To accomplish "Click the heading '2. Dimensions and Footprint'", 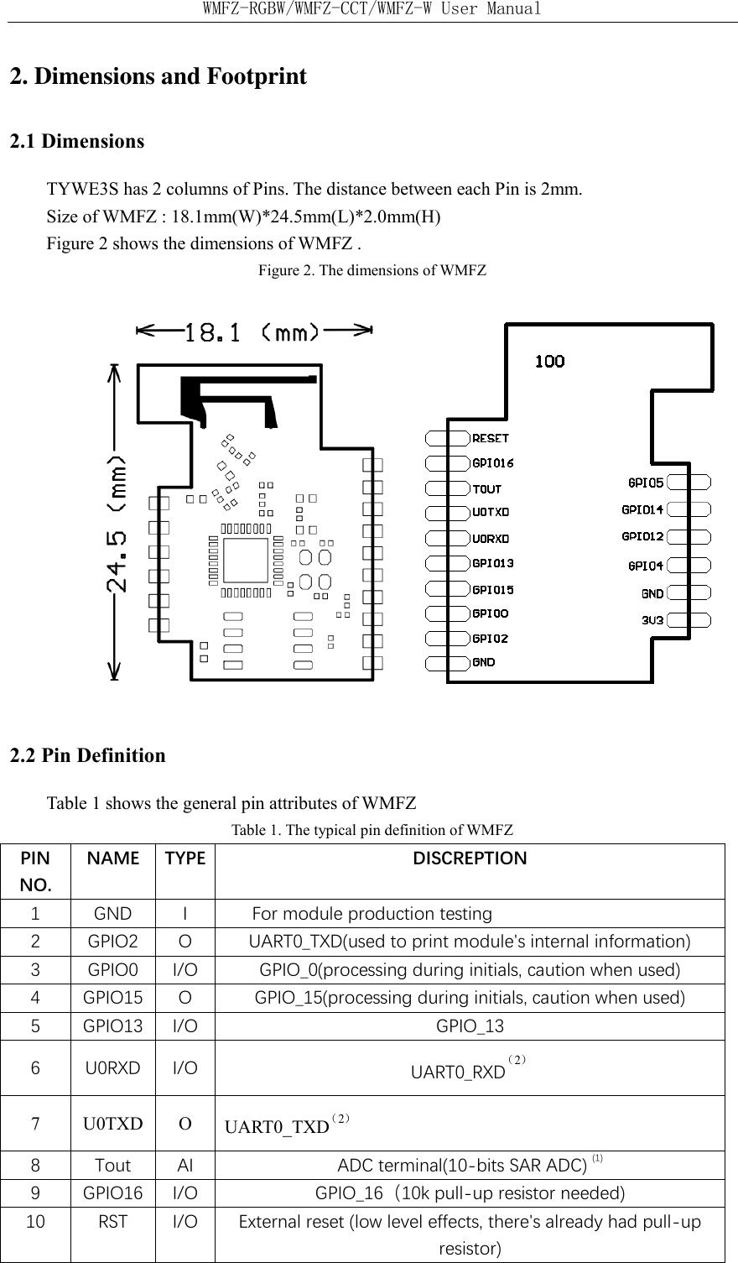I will (x=158, y=77).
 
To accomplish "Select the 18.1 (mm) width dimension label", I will (x=252, y=332).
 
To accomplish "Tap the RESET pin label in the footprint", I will (x=491, y=438).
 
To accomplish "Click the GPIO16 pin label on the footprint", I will (x=493, y=462).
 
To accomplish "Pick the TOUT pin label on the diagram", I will (x=487, y=488).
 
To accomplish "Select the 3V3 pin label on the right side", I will (x=652, y=621).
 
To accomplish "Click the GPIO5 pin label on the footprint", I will (x=646, y=483).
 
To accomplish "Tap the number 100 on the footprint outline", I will (x=549, y=361).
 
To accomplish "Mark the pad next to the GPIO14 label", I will (x=689, y=509).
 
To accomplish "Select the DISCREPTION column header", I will (x=470, y=859).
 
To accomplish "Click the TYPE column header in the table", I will (x=184, y=859).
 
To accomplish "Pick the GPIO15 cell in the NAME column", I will (x=112, y=998).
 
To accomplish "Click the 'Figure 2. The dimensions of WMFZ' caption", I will (x=372, y=271).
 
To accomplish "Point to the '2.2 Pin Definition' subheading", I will (x=88, y=755).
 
